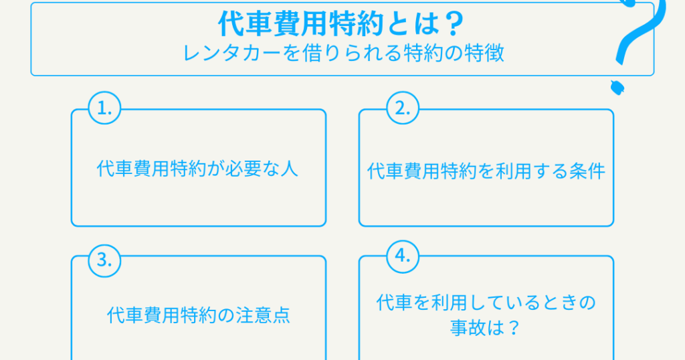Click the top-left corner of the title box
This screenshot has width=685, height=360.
[31, 3]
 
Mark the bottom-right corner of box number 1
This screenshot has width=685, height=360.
[326, 226]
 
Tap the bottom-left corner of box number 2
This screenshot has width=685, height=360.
[359, 226]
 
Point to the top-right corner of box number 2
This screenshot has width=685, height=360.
[614, 109]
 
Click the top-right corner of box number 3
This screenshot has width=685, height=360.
[326, 256]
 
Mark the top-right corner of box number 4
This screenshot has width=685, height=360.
[614, 256]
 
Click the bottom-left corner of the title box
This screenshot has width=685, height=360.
[31, 76]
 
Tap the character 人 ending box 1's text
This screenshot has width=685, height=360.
[289, 169]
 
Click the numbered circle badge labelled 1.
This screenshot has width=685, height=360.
[104, 108]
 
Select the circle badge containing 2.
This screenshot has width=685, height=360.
[403, 108]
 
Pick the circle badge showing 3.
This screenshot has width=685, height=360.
[104, 260]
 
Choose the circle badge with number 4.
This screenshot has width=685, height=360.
[403, 256]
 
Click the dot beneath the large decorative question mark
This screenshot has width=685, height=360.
[617, 88]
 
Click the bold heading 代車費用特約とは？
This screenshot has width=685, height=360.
[341, 23]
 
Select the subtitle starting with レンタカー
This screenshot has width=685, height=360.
[343, 54]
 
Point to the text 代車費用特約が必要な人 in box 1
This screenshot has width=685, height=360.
[197, 169]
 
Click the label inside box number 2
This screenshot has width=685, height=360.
[486, 171]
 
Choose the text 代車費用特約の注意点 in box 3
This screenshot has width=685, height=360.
[198, 315]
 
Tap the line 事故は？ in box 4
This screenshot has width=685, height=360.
[486, 328]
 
